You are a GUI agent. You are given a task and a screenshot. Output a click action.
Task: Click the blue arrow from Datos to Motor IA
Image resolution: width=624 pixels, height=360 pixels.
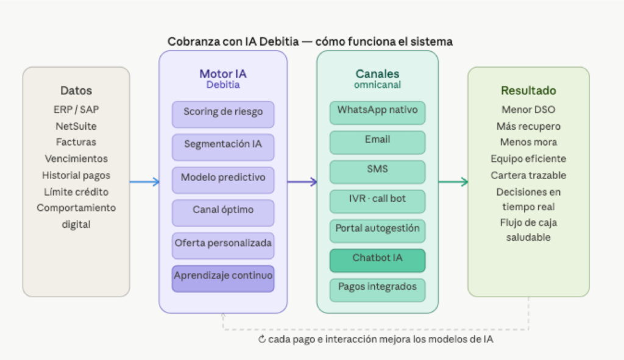144,182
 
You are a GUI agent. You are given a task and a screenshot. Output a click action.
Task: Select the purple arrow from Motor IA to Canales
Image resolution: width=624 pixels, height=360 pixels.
302,182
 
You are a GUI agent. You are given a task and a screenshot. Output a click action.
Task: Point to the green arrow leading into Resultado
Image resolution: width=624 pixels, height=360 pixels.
453,182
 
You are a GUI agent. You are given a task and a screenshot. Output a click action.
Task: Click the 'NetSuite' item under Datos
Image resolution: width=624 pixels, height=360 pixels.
76,126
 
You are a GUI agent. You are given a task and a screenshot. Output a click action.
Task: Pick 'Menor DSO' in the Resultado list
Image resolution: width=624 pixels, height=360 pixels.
528,110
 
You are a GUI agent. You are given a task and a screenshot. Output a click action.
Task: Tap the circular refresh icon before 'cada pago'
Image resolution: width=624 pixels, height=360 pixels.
262,339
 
